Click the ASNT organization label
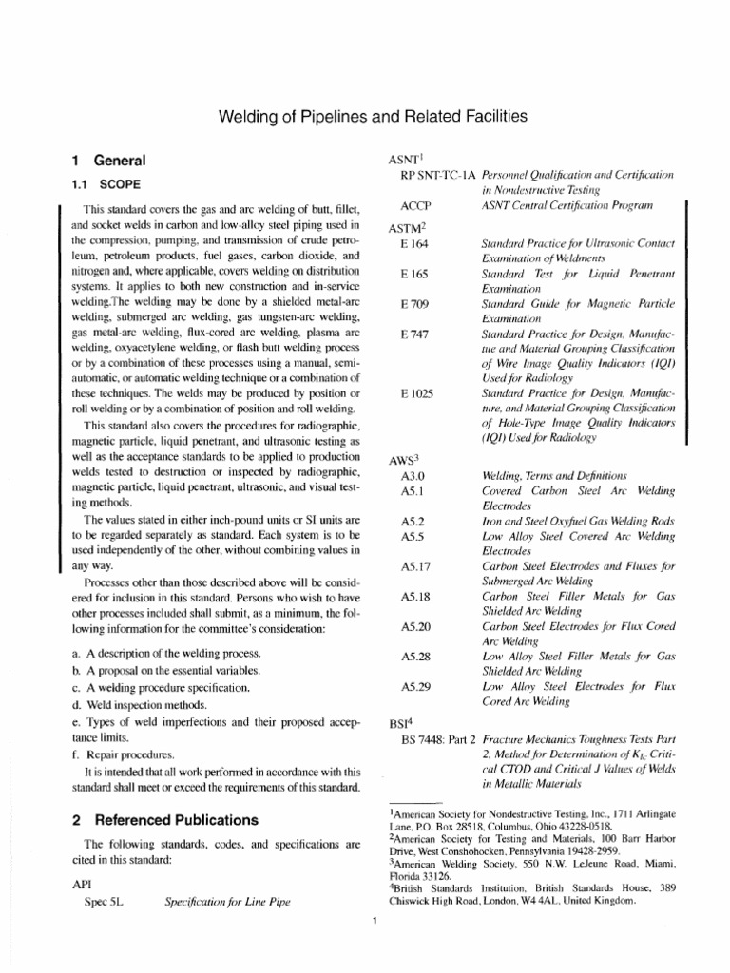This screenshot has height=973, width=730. (x=396, y=160)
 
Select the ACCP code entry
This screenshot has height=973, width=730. (x=417, y=206)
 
